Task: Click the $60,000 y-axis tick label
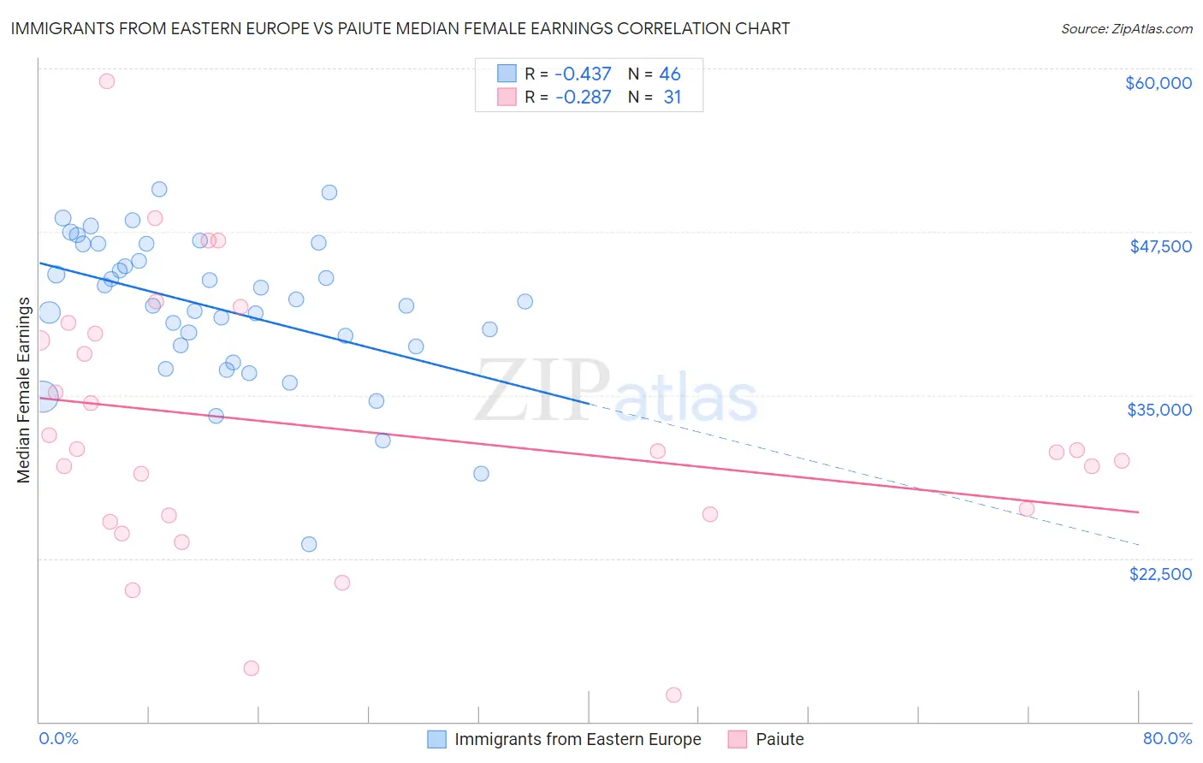(1158, 83)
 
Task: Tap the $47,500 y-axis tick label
(1160, 246)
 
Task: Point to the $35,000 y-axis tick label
(1159, 410)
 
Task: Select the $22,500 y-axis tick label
(1159, 574)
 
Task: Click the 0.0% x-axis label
(58, 738)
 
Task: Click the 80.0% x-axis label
(1167, 738)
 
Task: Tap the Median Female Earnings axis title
(24, 390)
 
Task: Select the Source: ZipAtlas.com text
(1126, 28)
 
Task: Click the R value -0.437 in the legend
(583, 74)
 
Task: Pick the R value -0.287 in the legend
(583, 97)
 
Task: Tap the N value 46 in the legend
(670, 74)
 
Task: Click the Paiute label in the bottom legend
(779, 739)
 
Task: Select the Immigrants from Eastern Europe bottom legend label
(578, 739)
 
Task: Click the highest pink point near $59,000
(107, 81)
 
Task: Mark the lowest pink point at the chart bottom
(673, 695)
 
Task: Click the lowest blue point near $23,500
(309, 544)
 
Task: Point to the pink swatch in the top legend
(507, 97)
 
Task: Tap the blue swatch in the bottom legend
(436, 739)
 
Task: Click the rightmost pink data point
(1122, 461)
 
